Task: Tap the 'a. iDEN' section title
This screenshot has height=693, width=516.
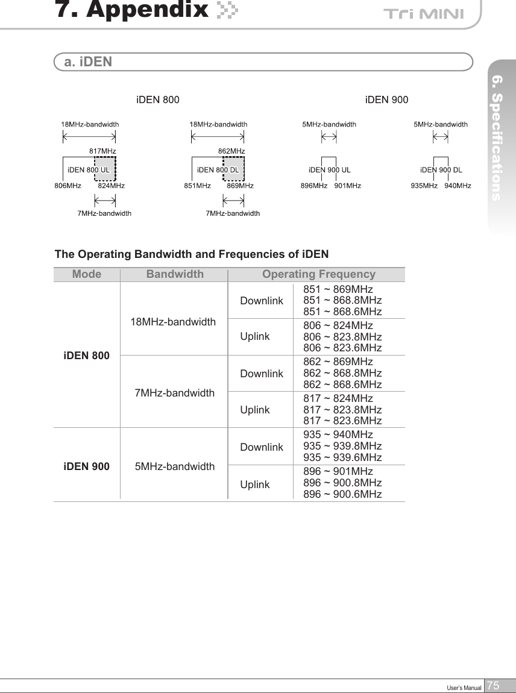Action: (x=88, y=62)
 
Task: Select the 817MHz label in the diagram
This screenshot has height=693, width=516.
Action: (x=102, y=151)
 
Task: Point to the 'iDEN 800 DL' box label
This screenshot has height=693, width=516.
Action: (x=218, y=170)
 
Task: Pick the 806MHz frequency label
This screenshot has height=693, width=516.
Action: (x=68, y=186)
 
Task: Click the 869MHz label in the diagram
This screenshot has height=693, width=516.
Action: (x=240, y=186)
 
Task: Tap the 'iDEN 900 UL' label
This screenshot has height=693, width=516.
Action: (x=329, y=170)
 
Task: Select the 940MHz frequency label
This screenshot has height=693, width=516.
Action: (x=458, y=186)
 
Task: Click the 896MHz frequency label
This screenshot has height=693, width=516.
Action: (x=313, y=186)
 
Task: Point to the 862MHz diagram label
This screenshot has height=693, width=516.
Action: (x=231, y=151)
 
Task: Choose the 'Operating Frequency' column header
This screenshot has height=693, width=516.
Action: (x=318, y=275)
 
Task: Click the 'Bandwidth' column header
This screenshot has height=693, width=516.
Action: (x=175, y=275)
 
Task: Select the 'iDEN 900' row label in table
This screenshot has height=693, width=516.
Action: (x=87, y=466)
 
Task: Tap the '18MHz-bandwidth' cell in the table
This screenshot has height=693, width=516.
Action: (x=173, y=322)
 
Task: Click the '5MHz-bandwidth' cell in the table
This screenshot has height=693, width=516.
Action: (x=175, y=466)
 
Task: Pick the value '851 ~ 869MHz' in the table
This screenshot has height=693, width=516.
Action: (x=338, y=289)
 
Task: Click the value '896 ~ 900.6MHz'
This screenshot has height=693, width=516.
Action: (x=342, y=494)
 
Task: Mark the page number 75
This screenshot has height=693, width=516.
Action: (x=494, y=686)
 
